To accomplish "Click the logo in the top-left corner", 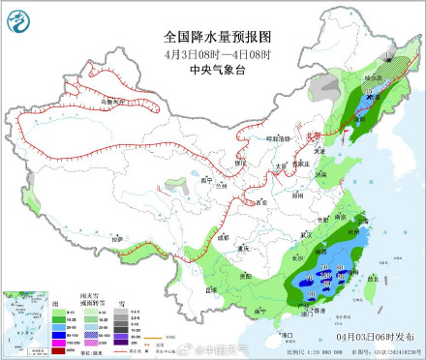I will click(20, 18).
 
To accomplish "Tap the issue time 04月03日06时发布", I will click(377, 335).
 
